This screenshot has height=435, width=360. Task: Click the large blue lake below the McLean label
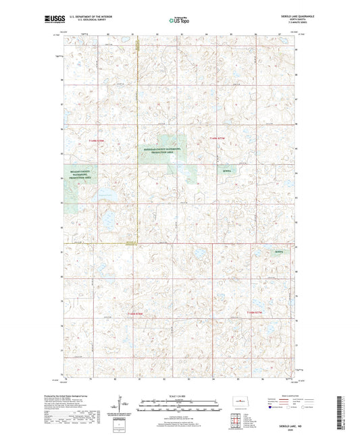[x=107, y=220]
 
